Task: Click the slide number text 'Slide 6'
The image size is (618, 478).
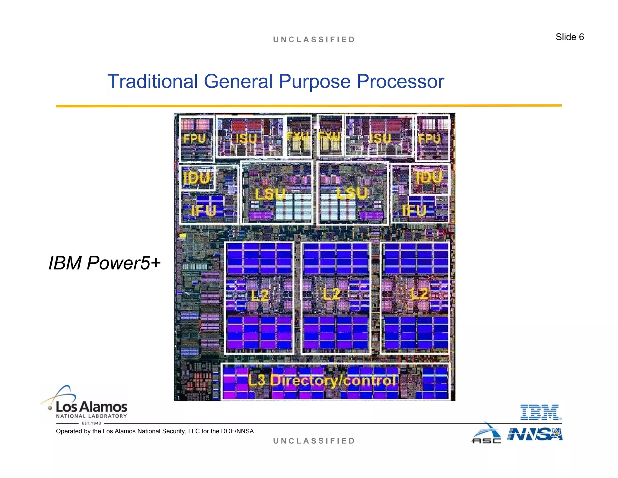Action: (569, 37)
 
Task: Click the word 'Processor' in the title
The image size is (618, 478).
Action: (400, 82)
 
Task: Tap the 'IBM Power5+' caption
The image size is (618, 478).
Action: (104, 263)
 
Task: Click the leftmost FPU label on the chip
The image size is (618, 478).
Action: (194, 139)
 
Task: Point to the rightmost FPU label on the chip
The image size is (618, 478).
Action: (429, 139)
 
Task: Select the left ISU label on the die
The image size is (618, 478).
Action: (246, 139)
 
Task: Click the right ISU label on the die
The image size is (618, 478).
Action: (380, 139)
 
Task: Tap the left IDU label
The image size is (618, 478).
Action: (196, 178)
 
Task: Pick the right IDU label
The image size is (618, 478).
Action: (428, 177)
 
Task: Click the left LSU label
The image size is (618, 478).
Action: (269, 194)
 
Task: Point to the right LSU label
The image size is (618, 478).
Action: (352, 193)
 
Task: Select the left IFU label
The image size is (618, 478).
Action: (204, 210)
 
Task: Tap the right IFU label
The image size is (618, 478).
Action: (414, 210)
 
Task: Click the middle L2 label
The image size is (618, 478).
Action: (331, 294)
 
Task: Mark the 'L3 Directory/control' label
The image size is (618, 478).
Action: (322, 380)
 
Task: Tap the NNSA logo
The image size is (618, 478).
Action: (534, 434)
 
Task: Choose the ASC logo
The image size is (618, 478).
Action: (486, 434)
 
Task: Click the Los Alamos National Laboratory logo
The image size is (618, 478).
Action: (88, 405)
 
